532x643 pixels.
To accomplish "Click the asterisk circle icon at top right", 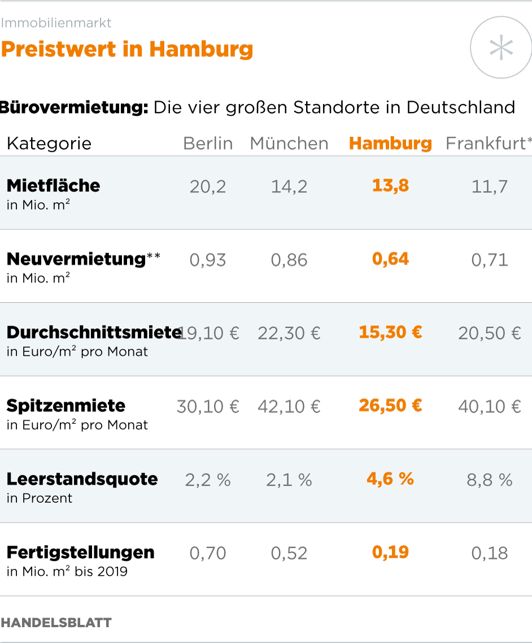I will click(500, 47).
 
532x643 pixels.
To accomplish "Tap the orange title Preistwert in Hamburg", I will click(127, 49).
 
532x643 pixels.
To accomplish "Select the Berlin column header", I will click(208, 144).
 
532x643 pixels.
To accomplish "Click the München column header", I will click(289, 144).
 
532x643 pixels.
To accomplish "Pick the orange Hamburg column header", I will click(390, 144).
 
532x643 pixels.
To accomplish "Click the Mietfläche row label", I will click(54, 186).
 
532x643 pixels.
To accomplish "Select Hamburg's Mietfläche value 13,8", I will click(390, 186).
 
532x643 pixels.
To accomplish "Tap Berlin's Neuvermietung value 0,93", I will click(208, 260).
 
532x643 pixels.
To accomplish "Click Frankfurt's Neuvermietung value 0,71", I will click(490, 260).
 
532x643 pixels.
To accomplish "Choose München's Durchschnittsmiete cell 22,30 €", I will click(289, 333).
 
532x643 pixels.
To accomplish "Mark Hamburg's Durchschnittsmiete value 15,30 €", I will click(390, 332).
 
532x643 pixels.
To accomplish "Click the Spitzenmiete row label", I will click(66, 406).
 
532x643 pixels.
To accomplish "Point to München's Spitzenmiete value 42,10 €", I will click(289, 406).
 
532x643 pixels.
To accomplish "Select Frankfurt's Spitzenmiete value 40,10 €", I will click(490, 406).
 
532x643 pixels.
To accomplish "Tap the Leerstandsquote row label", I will click(82, 479).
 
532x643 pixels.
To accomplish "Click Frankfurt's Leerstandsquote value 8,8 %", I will click(490, 480).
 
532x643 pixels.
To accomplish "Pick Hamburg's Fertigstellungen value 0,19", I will click(390, 552).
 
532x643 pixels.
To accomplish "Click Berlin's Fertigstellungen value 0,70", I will click(208, 553).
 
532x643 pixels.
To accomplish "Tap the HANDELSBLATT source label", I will click(56, 623).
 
